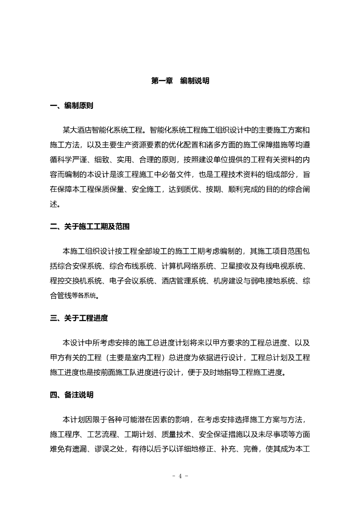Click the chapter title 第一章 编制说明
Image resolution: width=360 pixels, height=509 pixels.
pyautogui.click(x=180, y=81)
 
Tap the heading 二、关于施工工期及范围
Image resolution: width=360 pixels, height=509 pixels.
pyautogui.click(x=90, y=226)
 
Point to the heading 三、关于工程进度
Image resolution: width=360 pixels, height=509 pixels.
pyautogui.click(x=79, y=318)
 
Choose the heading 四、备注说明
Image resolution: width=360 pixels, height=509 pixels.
pyautogui.click(x=72, y=395)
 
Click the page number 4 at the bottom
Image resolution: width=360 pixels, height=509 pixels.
pyautogui.click(x=180, y=476)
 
